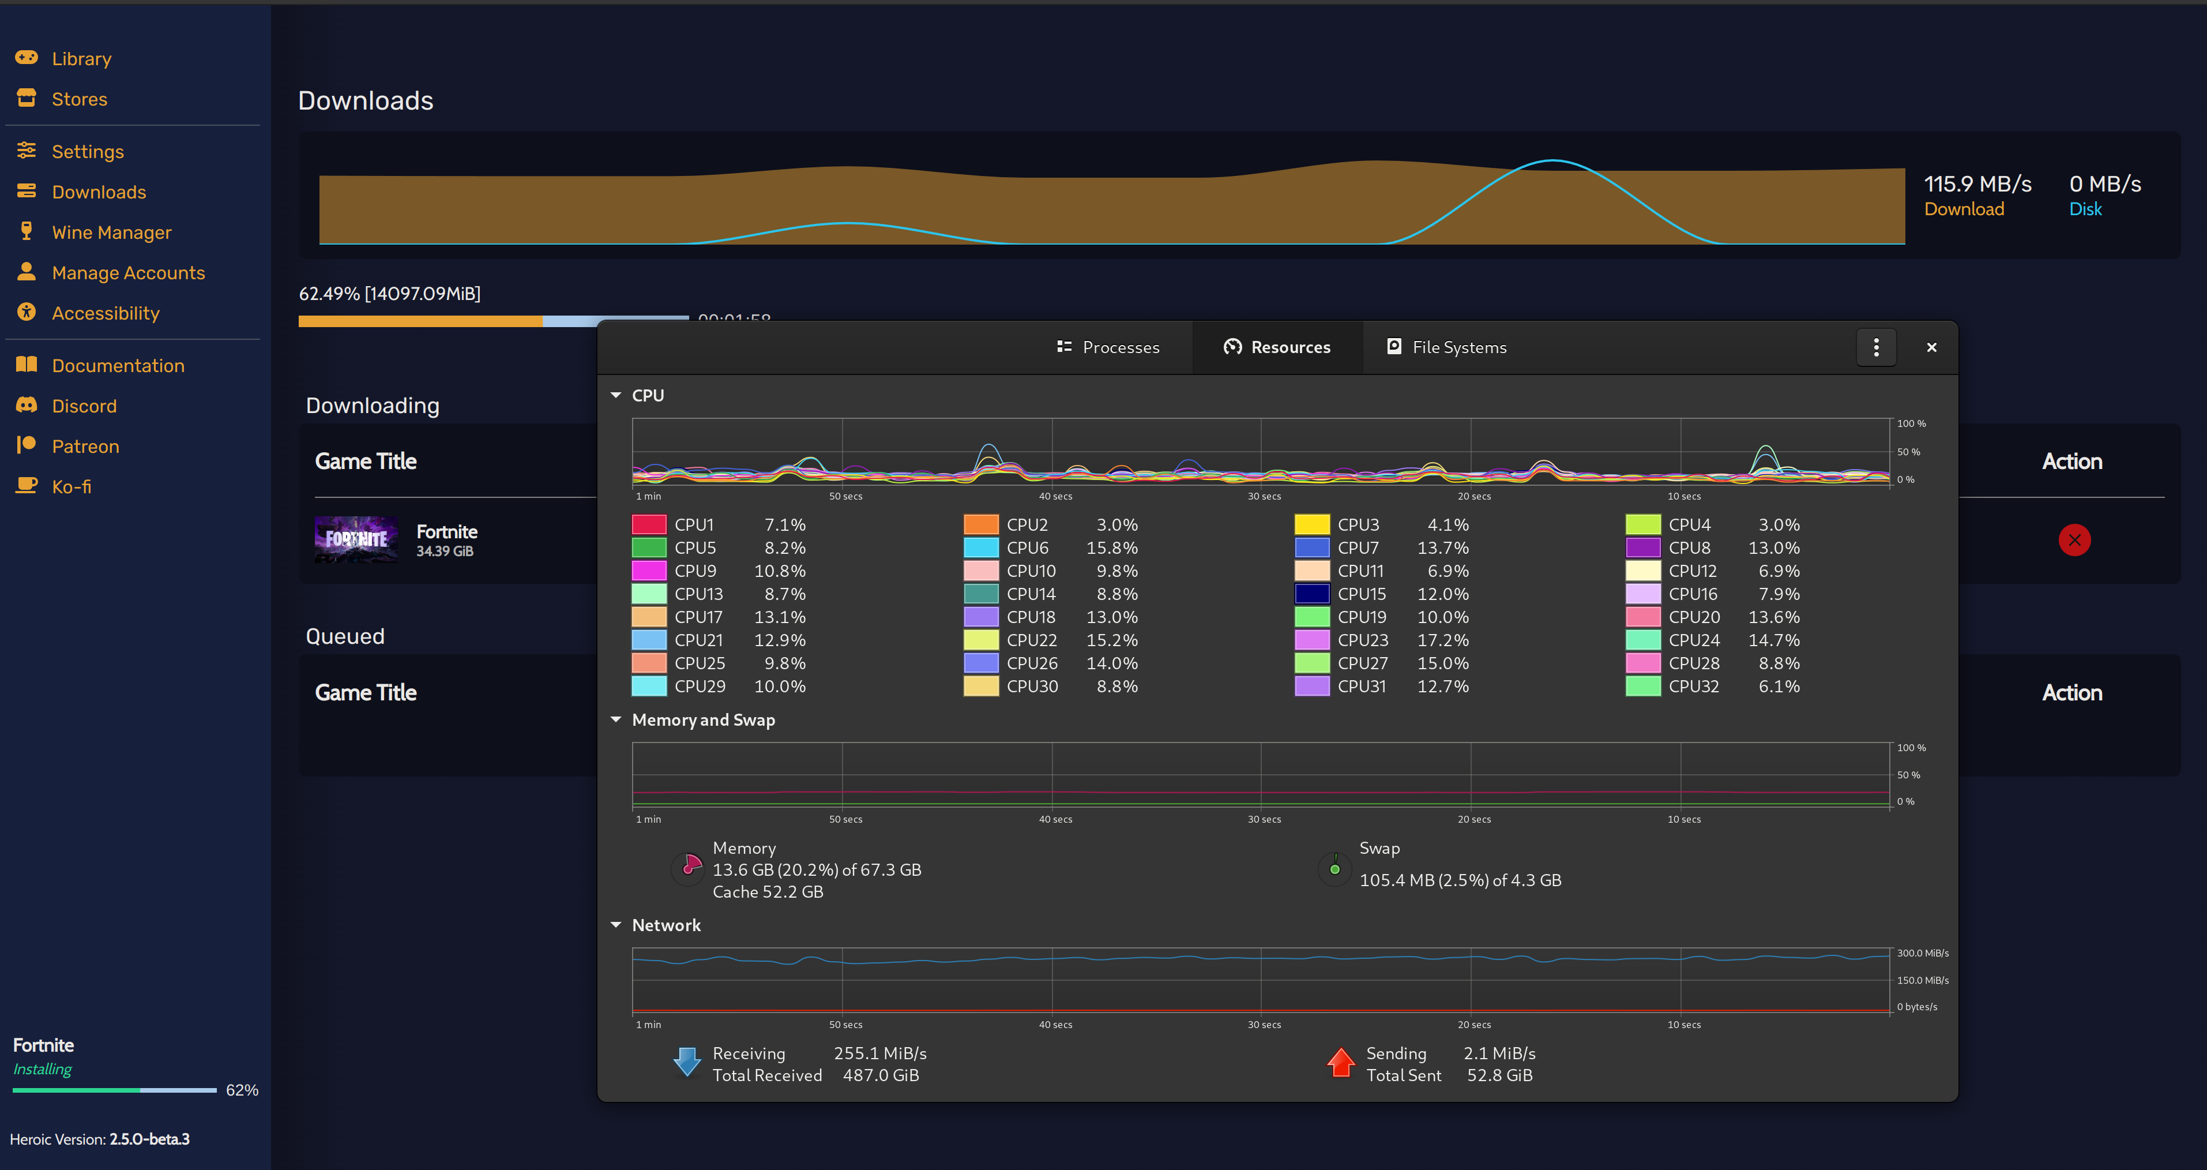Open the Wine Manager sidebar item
point(111,232)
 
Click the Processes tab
point(1108,347)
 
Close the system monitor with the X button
point(1931,347)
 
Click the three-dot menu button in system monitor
point(1877,347)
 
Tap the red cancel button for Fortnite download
point(2074,540)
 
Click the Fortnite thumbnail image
point(356,540)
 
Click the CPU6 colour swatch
point(981,547)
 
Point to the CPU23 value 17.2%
point(1443,640)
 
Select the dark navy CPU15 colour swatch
point(1312,594)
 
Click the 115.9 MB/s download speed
point(1977,184)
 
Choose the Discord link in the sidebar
point(84,406)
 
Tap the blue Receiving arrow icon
point(687,1062)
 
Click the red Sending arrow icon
point(1341,1062)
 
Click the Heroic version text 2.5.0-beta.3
point(149,1139)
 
